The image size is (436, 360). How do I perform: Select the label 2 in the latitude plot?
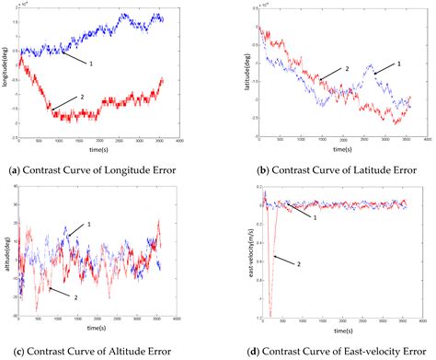click(348, 68)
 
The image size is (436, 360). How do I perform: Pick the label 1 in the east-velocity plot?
click(315, 216)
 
